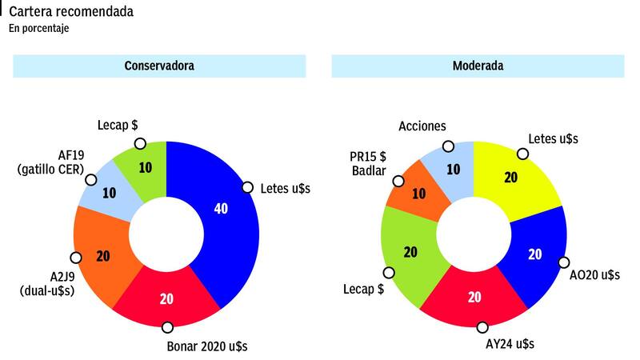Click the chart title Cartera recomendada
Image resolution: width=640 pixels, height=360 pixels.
click(71, 12)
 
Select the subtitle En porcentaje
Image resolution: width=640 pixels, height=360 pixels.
click(39, 29)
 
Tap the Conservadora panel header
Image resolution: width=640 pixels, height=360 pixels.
click(159, 66)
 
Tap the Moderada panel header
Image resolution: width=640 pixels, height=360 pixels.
click(478, 66)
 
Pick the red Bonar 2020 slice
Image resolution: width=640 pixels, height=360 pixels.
click(168, 298)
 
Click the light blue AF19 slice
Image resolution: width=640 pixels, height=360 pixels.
click(109, 193)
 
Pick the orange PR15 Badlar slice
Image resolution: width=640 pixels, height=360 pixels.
click(418, 192)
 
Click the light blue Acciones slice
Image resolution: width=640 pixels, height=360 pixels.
click(453, 168)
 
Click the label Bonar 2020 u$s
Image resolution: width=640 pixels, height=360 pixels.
click(210, 346)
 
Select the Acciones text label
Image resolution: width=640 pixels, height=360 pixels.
click(422, 126)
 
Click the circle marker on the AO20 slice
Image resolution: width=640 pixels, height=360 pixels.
click(564, 262)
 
